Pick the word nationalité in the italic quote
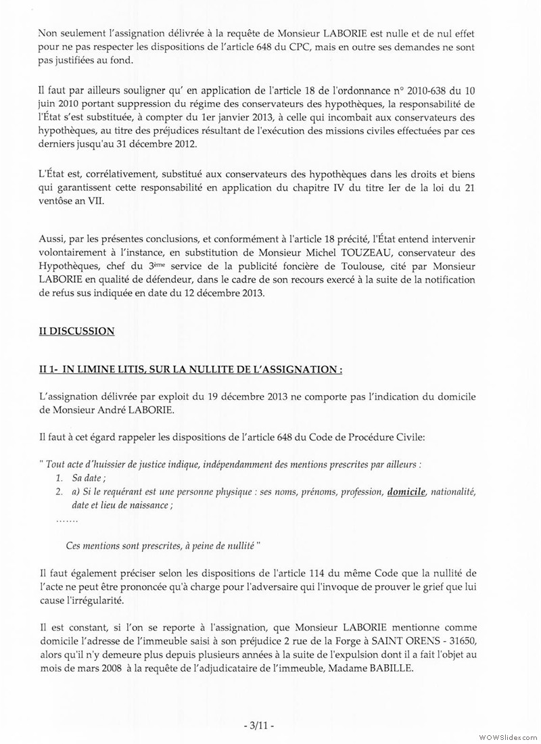pos(454,492)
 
